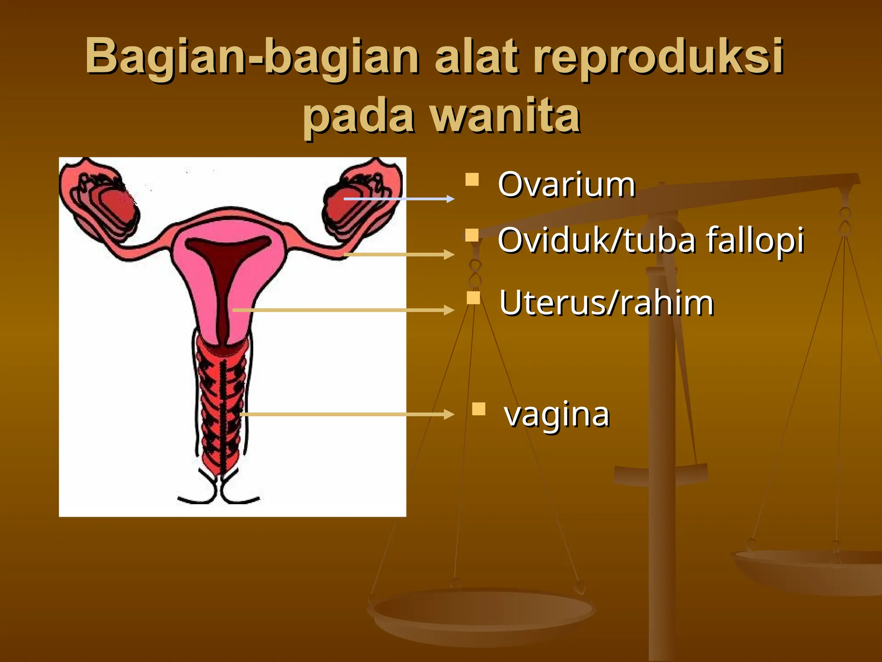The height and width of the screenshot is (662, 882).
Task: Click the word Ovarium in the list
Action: [x=566, y=185]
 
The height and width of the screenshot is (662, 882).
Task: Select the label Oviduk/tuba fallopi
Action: [x=650, y=240]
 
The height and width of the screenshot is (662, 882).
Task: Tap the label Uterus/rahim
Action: [x=606, y=303]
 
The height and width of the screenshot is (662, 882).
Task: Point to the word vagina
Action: [x=557, y=414]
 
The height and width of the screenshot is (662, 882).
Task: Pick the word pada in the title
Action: [x=359, y=116]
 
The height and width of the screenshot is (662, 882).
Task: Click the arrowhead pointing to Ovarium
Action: [x=450, y=199]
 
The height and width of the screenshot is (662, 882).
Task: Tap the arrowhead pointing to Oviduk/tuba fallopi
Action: [x=450, y=254]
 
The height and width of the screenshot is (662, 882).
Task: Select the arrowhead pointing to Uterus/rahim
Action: [x=450, y=310]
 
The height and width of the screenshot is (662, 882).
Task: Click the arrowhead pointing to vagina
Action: [x=450, y=415]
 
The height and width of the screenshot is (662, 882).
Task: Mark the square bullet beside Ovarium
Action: [x=472, y=179]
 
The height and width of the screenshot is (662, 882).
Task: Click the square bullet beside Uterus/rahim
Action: [x=473, y=298]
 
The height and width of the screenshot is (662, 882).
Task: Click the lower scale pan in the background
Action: [x=482, y=612]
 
